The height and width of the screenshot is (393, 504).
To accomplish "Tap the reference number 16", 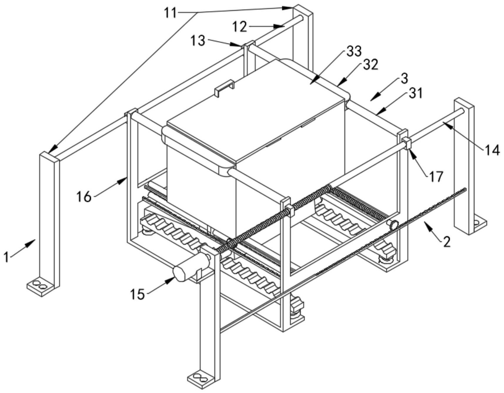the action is click(x=84, y=196).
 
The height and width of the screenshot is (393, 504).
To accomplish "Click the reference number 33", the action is click(x=354, y=51).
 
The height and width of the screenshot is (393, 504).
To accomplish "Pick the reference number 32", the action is click(x=370, y=65).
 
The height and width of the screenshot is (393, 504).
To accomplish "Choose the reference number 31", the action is click(x=415, y=94).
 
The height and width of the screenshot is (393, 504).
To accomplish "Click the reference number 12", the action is click(x=240, y=27).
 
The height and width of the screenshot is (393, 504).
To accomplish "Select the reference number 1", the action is click(x=6, y=257).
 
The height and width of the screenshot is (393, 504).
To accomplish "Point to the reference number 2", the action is click(x=446, y=242).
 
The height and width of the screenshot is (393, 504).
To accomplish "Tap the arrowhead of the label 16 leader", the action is click(x=123, y=181).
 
